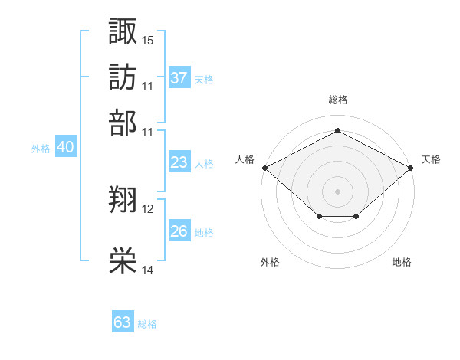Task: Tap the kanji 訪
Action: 123,77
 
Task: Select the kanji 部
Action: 123,123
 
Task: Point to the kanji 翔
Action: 123,201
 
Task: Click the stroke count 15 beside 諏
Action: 148,39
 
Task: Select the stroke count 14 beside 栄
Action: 148,270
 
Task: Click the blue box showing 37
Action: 179,78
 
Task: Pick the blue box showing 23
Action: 179,162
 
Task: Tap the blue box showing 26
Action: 179,231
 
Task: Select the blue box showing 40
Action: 65,148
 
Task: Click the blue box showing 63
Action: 123,322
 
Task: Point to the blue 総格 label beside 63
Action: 147,324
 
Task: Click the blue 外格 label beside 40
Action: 41,149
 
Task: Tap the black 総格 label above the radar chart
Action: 337,100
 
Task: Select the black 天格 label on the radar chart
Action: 431,159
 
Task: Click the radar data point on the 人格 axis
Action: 264,167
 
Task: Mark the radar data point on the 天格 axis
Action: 411,167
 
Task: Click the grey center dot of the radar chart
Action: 337,191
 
